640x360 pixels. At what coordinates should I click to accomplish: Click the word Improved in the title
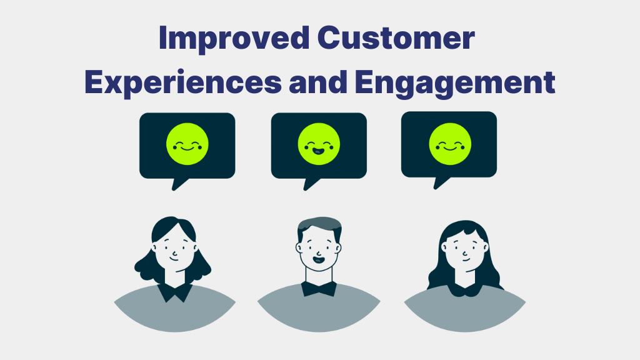point(234,39)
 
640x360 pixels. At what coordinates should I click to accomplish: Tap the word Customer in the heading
point(396,38)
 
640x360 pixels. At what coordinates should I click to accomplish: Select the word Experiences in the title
point(183,83)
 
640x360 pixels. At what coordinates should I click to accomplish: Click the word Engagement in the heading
point(455,83)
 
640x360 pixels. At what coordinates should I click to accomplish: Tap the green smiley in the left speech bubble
point(187,144)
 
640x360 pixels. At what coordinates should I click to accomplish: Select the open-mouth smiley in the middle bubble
point(319,144)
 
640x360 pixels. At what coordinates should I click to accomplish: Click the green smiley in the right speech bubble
point(450,144)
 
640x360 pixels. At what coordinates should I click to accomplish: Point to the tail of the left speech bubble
point(179,184)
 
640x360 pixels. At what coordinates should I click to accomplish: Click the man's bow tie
point(319,289)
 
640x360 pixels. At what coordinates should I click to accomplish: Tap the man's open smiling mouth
point(318,259)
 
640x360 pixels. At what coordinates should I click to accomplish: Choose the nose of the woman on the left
point(174,252)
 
